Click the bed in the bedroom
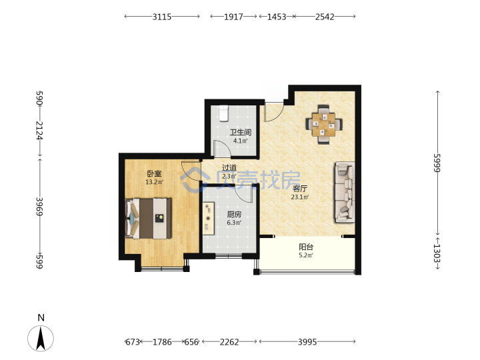click(x=148, y=218)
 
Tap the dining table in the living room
click(x=324, y=125)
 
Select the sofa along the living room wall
click(x=345, y=192)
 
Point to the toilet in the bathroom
click(x=224, y=114)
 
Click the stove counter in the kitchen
click(x=209, y=218)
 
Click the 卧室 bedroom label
click(x=154, y=173)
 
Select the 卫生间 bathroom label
click(x=241, y=132)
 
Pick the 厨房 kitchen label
click(x=234, y=214)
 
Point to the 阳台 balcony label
click(x=306, y=247)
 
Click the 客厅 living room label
click(x=300, y=188)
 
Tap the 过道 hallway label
click(x=229, y=168)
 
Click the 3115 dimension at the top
click(x=162, y=17)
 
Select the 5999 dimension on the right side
click(x=437, y=163)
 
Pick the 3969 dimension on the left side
click(x=39, y=206)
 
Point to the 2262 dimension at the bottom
click(x=229, y=341)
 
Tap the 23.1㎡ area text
click(x=300, y=197)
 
